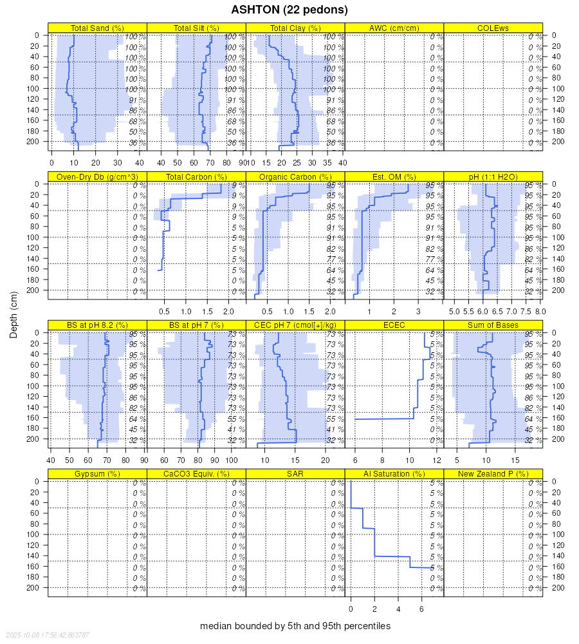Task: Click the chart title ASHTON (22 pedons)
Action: point(289,10)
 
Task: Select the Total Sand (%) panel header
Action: point(98,28)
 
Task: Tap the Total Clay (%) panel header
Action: point(295,28)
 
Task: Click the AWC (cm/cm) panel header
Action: point(394,28)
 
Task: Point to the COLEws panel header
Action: point(493,28)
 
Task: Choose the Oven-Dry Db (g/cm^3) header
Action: point(98,177)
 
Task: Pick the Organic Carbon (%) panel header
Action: point(295,177)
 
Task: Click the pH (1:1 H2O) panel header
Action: point(493,177)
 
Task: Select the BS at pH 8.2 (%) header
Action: point(98,325)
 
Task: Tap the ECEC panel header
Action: point(394,325)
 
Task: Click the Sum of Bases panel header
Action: point(493,325)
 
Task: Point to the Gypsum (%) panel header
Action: point(98,474)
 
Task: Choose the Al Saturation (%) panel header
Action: point(394,474)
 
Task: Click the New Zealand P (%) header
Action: point(493,474)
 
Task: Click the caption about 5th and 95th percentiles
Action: point(295,626)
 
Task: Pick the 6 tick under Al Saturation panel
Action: point(421,609)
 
